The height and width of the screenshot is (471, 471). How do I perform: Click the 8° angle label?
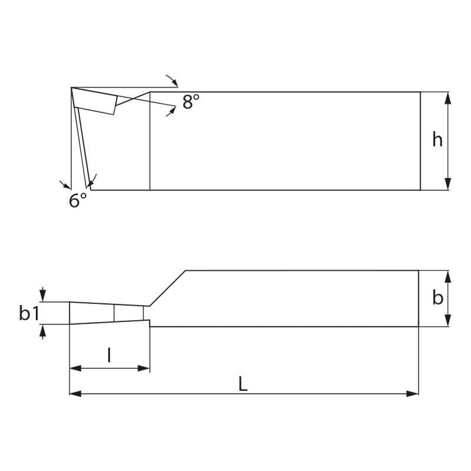(x=191, y=102)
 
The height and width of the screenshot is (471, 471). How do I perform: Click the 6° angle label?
(x=78, y=201)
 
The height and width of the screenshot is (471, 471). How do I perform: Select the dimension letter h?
(x=437, y=140)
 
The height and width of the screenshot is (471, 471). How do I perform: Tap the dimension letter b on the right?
(x=437, y=298)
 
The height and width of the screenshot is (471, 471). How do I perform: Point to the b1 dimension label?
(x=29, y=313)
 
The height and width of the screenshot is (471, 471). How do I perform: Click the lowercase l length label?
(x=109, y=355)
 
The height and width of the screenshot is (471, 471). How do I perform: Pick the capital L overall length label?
(x=243, y=384)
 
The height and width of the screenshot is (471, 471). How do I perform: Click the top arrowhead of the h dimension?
(x=447, y=98)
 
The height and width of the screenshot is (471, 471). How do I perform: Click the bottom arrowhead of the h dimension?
(x=447, y=184)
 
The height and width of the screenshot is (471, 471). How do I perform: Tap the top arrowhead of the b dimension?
(x=447, y=277)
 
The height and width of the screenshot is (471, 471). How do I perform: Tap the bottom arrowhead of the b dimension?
(x=447, y=320)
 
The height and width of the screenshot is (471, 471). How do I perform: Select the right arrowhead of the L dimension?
(x=412, y=393)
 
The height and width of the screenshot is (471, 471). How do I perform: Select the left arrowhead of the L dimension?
(x=75, y=393)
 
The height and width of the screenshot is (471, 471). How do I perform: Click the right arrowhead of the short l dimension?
(x=144, y=368)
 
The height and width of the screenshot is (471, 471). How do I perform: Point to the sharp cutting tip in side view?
(x=72, y=88)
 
